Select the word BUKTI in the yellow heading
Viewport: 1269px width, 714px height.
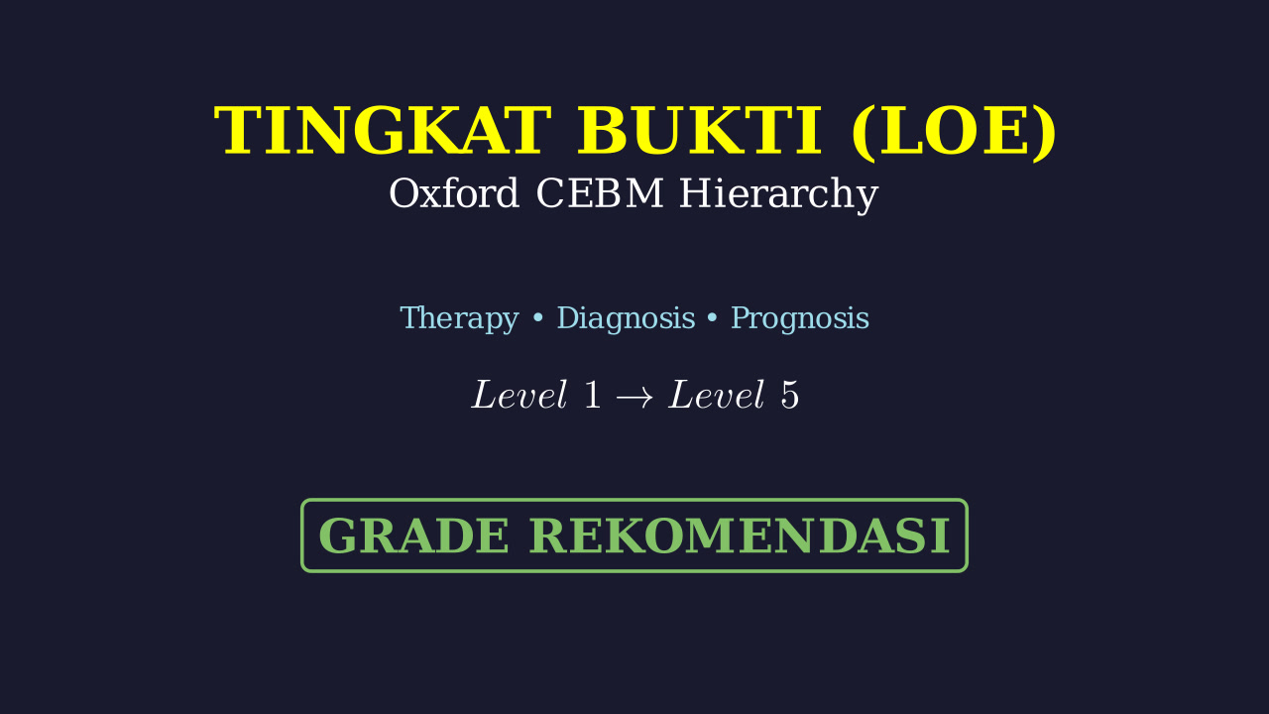[699, 130]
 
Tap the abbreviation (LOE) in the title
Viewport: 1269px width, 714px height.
[954, 132]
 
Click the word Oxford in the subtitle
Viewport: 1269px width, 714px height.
[454, 193]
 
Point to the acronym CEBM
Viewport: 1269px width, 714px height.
[600, 193]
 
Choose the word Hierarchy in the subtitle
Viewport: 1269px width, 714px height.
[779, 195]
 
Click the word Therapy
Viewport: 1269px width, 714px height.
[459, 318]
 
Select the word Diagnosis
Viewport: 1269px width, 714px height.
[626, 318]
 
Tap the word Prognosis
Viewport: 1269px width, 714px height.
[800, 318]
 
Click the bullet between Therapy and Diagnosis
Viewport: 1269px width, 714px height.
[538, 318]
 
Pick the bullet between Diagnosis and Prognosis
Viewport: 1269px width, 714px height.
[713, 318]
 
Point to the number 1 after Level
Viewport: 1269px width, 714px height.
[592, 395]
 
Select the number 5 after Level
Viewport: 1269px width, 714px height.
[790, 395]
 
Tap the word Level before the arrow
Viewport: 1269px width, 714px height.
[519, 394]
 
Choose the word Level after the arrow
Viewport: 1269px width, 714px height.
[717, 394]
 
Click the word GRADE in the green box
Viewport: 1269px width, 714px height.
[413, 536]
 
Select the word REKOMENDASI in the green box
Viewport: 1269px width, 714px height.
[740, 536]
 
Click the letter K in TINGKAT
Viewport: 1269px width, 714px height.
[435, 130]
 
